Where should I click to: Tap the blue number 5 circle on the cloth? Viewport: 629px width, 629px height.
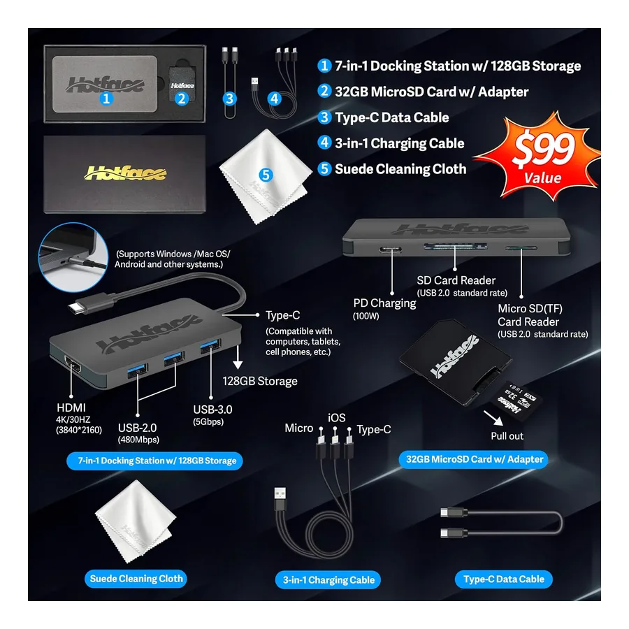(x=266, y=175)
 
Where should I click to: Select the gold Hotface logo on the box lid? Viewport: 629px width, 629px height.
(x=125, y=173)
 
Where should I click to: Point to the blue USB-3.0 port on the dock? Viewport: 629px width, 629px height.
(x=210, y=345)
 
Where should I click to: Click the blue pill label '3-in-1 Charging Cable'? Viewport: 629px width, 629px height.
(x=328, y=579)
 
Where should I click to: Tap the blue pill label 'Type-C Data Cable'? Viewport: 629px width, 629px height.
(x=503, y=579)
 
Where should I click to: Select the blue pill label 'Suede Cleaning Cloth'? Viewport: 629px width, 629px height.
(x=136, y=579)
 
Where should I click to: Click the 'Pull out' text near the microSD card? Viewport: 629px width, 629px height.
(x=507, y=436)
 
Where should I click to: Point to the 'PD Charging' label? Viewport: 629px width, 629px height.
(x=384, y=303)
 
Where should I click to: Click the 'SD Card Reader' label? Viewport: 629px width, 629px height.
(x=456, y=280)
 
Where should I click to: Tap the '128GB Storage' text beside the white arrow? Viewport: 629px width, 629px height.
(x=260, y=381)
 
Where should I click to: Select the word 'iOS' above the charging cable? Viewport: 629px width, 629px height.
(x=337, y=418)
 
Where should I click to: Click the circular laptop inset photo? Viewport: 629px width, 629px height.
(x=73, y=257)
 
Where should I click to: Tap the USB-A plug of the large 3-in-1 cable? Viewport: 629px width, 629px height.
(x=280, y=498)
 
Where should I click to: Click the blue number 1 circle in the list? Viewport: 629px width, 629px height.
(x=324, y=66)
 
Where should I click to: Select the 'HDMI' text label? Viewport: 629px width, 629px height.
(x=71, y=407)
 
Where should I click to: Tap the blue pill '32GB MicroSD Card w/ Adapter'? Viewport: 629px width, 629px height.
(x=474, y=459)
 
